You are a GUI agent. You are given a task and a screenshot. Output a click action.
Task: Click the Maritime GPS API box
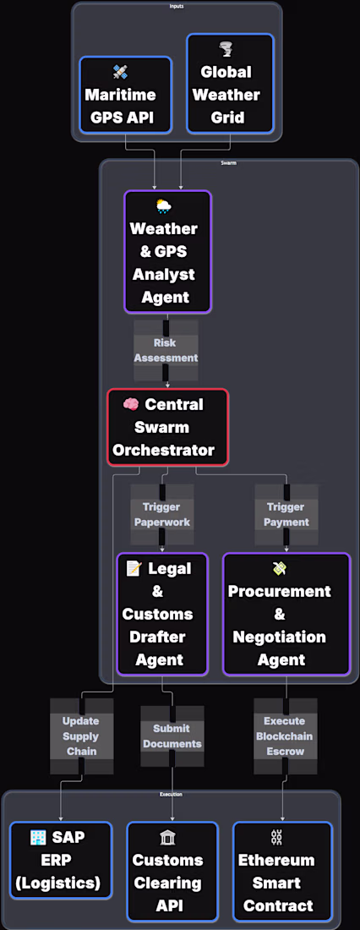coord(125,95)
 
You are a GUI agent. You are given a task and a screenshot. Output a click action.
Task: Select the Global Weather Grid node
coord(230,84)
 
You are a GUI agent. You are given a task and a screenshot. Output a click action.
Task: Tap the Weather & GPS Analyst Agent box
coord(167,251)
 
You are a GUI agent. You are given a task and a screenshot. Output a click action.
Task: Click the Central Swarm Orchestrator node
coord(167,427)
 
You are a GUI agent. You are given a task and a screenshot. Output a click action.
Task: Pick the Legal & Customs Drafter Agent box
coord(162,614)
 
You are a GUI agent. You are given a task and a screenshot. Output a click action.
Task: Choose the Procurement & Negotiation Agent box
coord(286,614)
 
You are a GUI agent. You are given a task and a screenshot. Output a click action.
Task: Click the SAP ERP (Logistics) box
coord(61,860)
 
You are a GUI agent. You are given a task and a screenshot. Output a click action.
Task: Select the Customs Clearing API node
coord(172,872)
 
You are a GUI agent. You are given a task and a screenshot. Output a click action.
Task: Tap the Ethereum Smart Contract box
coord(281,872)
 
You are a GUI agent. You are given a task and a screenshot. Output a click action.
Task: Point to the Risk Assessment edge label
coord(166,351)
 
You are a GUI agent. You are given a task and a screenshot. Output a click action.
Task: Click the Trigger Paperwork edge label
coord(162,515)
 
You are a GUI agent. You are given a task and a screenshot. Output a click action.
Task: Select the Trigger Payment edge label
coord(286,515)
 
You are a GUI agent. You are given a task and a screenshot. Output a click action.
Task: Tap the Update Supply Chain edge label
coord(81,736)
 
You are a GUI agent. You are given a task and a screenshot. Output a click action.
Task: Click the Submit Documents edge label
coord(172,736)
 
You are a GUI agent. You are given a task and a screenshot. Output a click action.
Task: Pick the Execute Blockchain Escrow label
coord(286,736)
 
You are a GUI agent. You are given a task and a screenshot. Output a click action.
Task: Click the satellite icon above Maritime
coord(121,73)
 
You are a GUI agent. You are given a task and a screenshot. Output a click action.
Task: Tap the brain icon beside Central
coord(131,404)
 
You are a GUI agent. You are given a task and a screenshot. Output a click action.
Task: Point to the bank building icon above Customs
coord(166,838)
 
